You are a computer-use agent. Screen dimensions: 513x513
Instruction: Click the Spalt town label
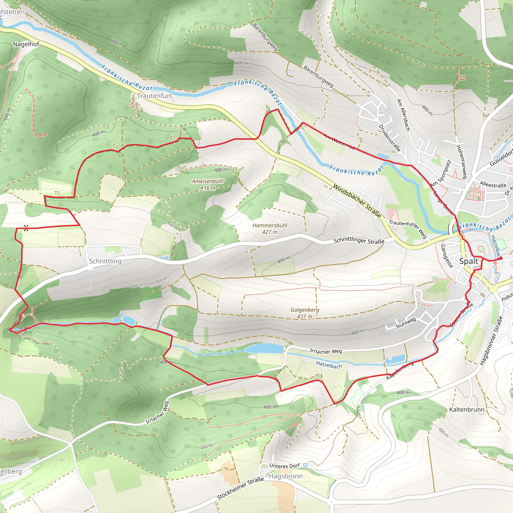coord(468,261)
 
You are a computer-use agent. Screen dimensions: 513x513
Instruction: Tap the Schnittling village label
coord(105,261)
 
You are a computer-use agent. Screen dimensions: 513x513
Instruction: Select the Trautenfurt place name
coord(154,96)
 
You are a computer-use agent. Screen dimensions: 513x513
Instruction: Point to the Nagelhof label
coord(26,44)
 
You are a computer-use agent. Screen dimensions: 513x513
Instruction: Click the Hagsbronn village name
coord(286,476)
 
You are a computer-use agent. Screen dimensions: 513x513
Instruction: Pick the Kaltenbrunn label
coord(467,410)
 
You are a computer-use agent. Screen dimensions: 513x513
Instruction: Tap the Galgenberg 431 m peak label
coord(305,313)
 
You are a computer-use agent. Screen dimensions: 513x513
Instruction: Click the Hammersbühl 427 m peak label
coord(270,229)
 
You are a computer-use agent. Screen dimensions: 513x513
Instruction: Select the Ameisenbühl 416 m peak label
coord(208,185)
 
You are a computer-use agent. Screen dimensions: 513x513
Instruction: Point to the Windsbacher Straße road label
coord(357,201)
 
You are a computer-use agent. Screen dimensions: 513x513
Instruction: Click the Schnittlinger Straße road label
coord(359,241)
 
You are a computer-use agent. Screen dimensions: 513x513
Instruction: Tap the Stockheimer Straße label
coord(240,488)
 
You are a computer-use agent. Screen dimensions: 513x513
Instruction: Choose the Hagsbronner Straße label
coord(491,341)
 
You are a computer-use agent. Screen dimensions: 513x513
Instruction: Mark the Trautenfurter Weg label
coord(408,229)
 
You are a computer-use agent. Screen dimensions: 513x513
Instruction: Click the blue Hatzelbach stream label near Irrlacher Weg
coord(329,365)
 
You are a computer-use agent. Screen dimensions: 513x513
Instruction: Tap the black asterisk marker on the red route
coord(26,228)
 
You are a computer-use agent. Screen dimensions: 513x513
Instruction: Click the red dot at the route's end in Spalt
coord(501,258)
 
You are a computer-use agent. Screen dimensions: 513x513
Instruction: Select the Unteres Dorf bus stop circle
coord(305,465)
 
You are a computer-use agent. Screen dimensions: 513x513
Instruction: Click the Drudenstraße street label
coord(389,138)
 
